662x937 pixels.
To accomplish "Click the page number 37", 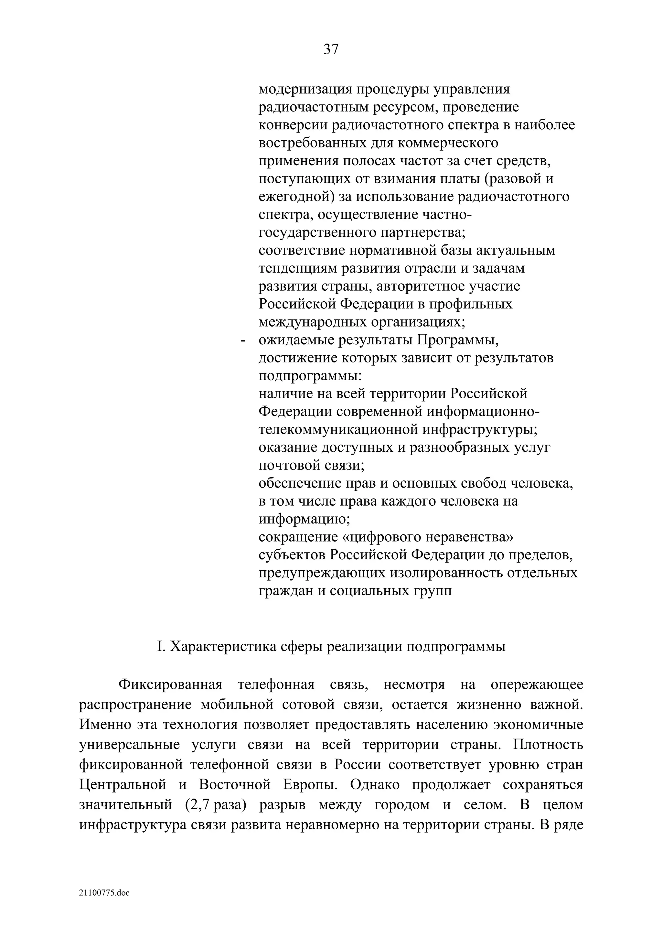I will coord(331,49).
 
